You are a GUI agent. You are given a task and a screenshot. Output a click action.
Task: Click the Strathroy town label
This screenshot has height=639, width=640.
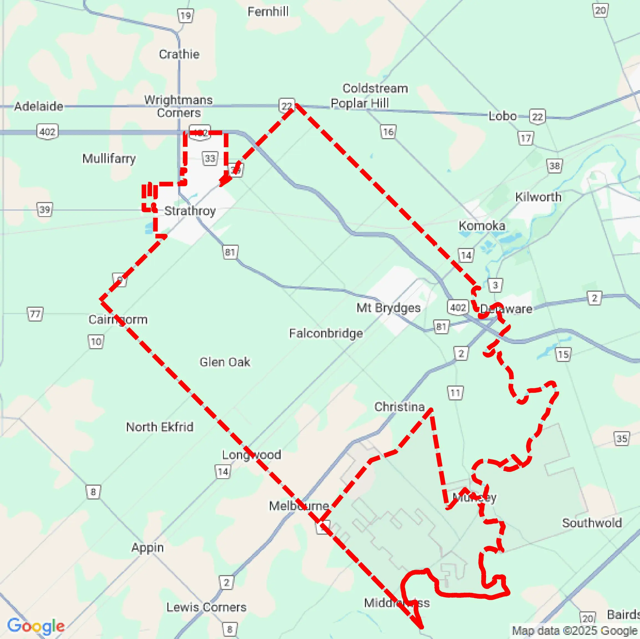(x=190, y=211)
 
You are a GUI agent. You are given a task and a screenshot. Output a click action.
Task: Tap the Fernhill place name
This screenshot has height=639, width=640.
(x=268, y=12)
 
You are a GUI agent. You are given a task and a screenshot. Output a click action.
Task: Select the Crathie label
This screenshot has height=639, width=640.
(x=179, y=54)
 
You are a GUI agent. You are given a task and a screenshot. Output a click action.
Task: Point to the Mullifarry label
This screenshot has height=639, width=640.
(x=109, y=159)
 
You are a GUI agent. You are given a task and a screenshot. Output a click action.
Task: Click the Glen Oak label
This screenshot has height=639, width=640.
(x=225, y=362)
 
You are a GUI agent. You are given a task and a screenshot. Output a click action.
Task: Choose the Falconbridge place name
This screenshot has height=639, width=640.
(x=326, y=333)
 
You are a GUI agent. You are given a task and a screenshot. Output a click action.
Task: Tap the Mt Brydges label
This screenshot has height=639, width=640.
(x=388, y=308)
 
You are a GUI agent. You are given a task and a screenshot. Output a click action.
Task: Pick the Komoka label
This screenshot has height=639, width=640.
(x=482, y=226)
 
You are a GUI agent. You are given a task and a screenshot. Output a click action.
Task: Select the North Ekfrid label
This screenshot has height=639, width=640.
(x=160, y=427)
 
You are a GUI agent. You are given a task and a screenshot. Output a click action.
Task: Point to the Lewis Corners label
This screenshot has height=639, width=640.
(x=206, y=607)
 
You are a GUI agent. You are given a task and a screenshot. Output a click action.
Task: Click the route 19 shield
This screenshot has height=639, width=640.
(x=186, y=15)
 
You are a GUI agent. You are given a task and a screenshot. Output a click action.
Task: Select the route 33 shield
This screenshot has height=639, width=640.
(x=210, y=159)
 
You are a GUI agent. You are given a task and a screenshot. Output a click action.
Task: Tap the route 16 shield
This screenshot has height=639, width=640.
(x=388, y=132)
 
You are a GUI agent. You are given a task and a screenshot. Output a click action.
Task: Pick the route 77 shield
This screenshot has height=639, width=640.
(x=35, y=314)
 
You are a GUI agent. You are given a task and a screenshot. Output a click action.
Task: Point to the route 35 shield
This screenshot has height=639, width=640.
(x=621, y=439)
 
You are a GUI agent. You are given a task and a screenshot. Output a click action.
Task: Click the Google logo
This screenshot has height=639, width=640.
(x=36, y=625)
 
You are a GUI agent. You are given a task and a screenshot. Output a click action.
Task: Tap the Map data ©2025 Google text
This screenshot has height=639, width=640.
(x=575, y=631)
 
